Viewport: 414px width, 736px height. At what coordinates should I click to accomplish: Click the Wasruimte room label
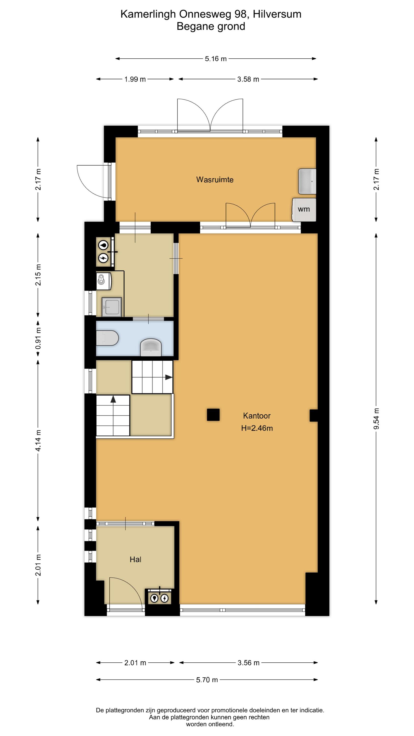215,180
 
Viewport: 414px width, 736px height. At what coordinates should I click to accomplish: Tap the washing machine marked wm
304,210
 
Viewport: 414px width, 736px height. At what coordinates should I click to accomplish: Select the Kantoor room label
257,416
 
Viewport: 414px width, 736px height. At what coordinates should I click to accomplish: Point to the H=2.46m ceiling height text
257,428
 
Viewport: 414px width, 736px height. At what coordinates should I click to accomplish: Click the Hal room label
135,559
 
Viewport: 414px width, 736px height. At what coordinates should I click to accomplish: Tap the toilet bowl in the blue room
107,338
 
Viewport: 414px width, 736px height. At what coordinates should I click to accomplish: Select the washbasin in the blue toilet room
151,347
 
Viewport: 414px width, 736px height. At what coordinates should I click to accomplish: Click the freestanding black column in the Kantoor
213,415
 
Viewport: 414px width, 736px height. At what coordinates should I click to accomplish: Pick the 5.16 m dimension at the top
216,59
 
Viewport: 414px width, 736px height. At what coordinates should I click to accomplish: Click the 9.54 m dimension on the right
376,419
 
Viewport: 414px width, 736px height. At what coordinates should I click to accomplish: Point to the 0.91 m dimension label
38,338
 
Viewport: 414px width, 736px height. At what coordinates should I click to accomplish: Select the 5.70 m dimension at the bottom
207,680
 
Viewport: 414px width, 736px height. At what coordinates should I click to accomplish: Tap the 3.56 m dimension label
248,663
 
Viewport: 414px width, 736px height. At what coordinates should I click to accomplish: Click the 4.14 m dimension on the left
38,440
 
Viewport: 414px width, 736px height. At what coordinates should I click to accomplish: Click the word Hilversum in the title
277,14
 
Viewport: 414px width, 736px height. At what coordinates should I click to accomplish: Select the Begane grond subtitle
211,26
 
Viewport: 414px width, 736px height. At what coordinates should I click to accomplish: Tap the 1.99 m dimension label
135,79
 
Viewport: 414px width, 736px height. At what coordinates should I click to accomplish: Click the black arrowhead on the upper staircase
169,377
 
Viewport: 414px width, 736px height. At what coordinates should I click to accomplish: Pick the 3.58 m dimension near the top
248,79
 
